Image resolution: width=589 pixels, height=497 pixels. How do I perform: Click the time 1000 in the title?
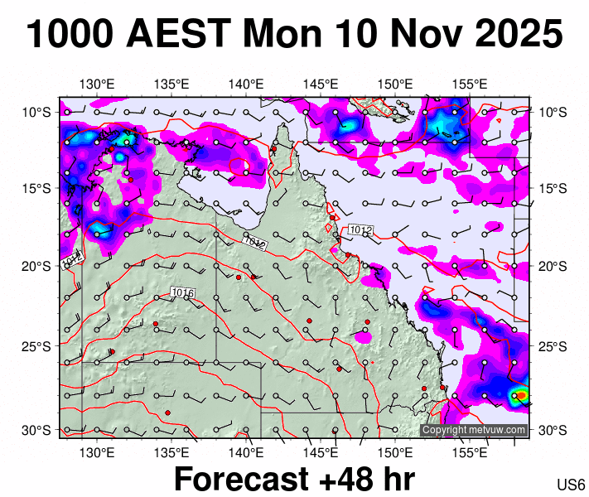[74, 35]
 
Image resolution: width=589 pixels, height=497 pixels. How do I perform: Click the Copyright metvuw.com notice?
[474, 430]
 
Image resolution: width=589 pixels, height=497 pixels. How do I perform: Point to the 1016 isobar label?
[182, 292]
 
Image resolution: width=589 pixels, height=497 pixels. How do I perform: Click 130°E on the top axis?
[97, 84]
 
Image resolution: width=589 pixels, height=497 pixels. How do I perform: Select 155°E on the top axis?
[470, 84]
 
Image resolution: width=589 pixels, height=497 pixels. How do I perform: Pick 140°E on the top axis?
[246, 84]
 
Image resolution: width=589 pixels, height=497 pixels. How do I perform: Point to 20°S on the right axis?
[553, 266]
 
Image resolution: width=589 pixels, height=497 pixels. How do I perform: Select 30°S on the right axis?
[553, 430]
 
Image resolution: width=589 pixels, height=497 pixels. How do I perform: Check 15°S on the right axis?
[553, 189]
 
